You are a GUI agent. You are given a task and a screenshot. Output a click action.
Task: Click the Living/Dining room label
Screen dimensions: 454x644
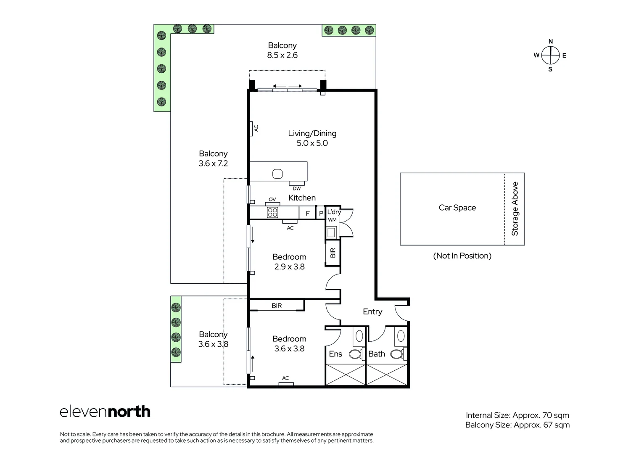tap(312, 133)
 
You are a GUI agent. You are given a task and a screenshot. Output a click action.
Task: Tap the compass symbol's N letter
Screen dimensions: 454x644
tap(551, 42)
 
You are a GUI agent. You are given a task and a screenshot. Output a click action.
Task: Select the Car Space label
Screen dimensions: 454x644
tap(457, 208)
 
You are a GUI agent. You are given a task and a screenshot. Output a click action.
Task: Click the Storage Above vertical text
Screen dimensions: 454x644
tap(515, 209)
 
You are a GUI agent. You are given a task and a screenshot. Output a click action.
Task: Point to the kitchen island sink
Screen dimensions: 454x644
tap(277, 174)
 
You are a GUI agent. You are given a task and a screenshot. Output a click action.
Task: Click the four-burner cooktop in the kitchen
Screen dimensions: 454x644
tap(272, 212)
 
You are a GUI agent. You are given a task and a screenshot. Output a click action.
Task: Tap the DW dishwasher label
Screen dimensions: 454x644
tap(297, 188)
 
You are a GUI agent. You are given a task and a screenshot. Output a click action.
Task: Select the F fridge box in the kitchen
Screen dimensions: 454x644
tap(308, 213)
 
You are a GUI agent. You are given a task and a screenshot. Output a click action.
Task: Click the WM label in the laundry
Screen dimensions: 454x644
tap(332, 220)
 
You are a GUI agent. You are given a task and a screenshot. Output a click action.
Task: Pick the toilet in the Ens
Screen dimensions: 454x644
tap(356, 354)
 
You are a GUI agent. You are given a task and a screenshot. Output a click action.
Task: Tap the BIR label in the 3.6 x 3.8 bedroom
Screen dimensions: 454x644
tap(277, 306)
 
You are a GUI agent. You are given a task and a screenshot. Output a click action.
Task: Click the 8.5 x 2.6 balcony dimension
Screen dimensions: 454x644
tap(282, 55)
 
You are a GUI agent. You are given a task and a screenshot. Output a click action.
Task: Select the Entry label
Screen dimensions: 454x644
tap(372, 311)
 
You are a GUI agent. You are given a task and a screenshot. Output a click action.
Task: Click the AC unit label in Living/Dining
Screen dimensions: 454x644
tap(256, 128)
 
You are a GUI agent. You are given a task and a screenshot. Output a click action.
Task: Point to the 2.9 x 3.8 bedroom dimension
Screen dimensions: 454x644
tap(289, 267)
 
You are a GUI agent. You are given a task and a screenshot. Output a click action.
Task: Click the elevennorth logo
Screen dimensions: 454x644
tap(105, 412)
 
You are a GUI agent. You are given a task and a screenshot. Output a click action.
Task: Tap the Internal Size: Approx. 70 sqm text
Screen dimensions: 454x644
tap(517, 415)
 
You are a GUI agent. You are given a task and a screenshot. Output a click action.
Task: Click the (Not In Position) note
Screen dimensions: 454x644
tap(462, 256)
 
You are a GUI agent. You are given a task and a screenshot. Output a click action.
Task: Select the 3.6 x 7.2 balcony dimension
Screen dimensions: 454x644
tap(213, 164)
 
